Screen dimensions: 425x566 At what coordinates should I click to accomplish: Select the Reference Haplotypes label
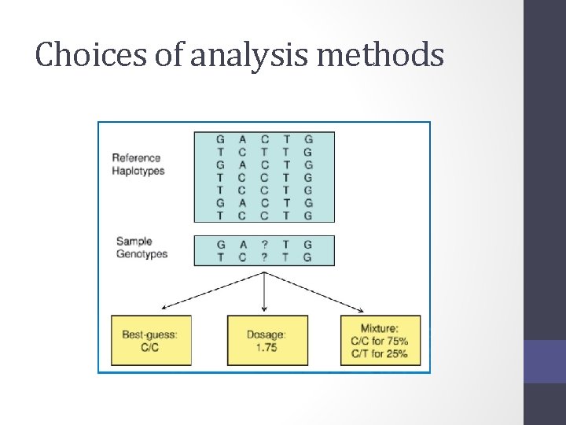coord(138,164)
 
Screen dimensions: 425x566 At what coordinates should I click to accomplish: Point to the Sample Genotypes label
coord(141,247)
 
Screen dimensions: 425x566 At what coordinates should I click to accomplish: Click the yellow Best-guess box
coord(150,340)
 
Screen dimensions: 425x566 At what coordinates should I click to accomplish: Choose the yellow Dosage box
coord(266,340)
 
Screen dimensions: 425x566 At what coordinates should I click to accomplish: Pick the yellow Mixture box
coord(380,340)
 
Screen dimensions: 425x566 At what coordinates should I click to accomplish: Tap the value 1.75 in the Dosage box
coord(266,347)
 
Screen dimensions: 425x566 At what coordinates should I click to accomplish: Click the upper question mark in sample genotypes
coord(265,245)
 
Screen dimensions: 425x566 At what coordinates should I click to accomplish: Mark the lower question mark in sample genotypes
coord(265,257)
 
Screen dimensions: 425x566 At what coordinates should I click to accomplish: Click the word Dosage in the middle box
coord(266,334)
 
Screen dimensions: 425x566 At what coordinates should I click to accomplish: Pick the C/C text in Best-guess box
coord(149,347)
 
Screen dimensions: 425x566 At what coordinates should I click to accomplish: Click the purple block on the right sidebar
coord(545,361)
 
